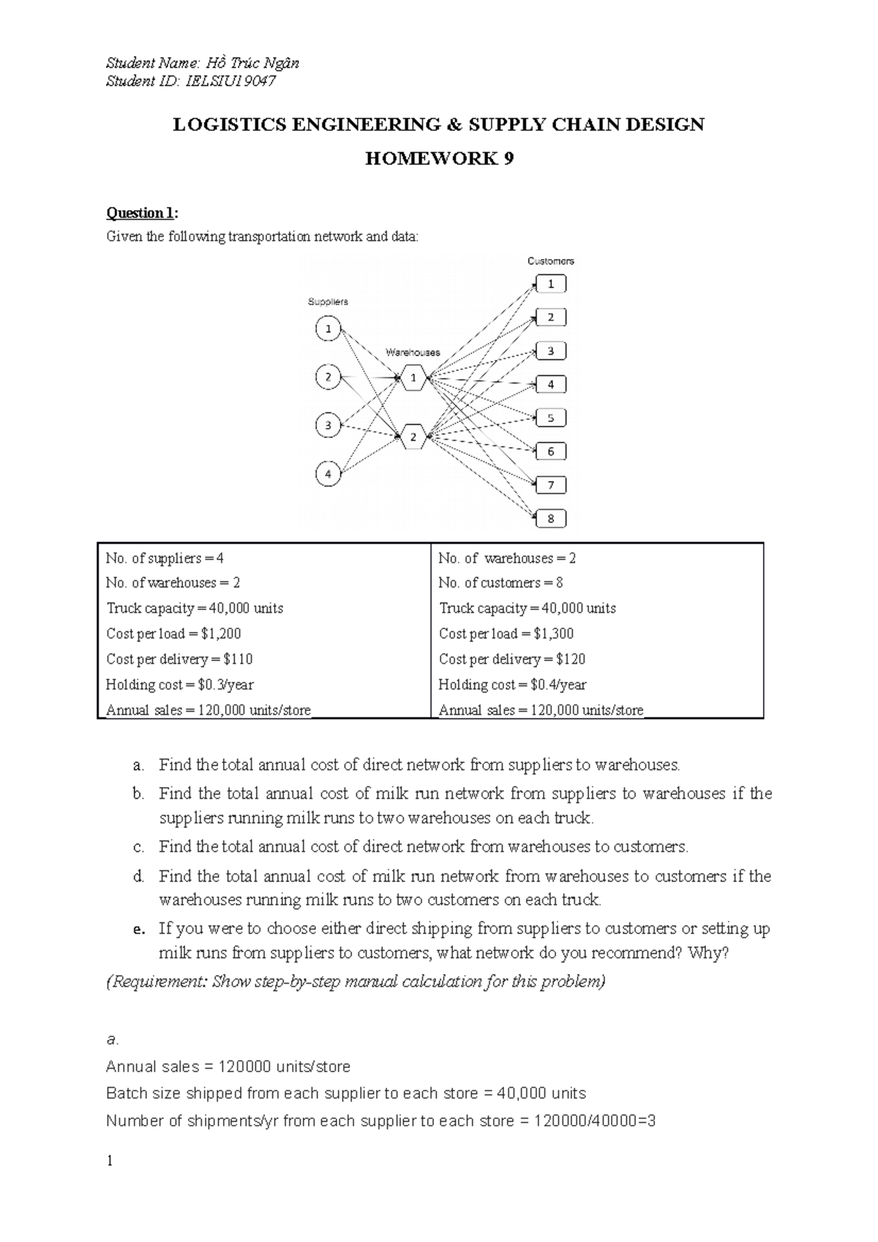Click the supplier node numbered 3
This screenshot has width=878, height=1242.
pos(329,425)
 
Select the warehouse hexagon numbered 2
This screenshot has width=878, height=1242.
pos(413,437)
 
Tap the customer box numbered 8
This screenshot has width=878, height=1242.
pos(551,519)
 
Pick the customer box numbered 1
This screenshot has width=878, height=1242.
pos(551,284)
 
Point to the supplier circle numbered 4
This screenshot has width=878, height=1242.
pos(329,474)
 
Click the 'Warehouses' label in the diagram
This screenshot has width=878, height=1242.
pos(413,352)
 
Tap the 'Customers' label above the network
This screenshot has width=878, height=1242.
pos(550,260)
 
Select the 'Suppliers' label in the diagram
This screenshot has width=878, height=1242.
pos(328,301)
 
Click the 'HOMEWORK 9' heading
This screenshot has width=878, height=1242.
pos(438,159)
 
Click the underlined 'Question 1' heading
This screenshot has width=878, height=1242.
pos(141,213)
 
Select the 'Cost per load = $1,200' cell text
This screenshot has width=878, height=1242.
pos(173,633)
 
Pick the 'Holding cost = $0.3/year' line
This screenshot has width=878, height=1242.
pos(180,685)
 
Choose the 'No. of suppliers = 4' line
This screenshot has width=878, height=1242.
pos(165,558)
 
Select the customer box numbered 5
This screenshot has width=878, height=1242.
pos(551,418)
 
